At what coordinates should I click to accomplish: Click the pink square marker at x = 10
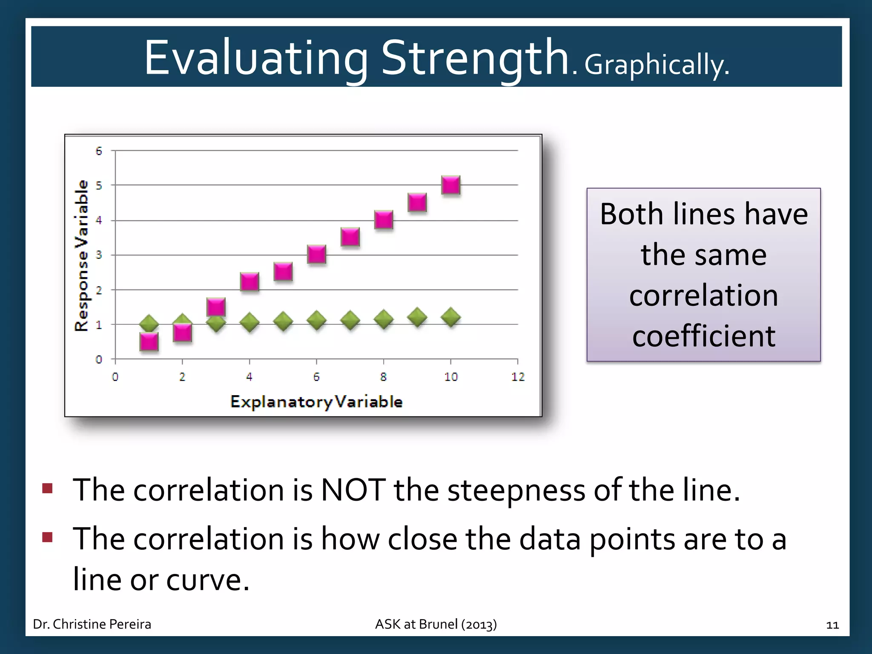pyautogui.click(x=450, y=185)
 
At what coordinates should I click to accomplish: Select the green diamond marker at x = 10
pyautogui.click(x=450, y=317)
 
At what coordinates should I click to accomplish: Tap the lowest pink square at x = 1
pyautogui.click(x=149, y=341)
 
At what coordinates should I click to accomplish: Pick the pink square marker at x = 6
pyautogui.click(x=316, y=254)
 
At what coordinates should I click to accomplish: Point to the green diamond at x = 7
pyautogui.click(x=350, y=320)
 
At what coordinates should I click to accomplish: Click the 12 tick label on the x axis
pyautogui.click(x=518, y=377)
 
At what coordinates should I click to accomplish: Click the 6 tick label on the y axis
pyautogui.click(x=99, y=151)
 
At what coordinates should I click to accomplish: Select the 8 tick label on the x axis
pyautogui.click(x=383, y=377)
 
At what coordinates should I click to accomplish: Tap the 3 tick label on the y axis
pyautogui.click(x=99, y=255)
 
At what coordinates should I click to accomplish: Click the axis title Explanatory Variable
pyautogui.click(x=316, y=402)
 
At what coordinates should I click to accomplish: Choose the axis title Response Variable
pyautogui.click(x=81, y=255)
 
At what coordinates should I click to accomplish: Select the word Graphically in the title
pyautogui.click(x=656, y=65)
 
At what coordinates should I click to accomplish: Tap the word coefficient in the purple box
pyautogui.click(x=703, y=336)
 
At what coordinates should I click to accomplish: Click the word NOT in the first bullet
pyautogui.click(x=353, y=490)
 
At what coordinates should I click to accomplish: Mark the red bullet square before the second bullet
pyautogui.click(x=47, y=537)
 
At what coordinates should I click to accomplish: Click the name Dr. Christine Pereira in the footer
pyautogui.click(x=92, y=624)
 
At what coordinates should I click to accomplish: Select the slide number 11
pyautogui.click(x=832, y=625)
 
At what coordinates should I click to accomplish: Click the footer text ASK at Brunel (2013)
pyautogui.click(x=436, y=624)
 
